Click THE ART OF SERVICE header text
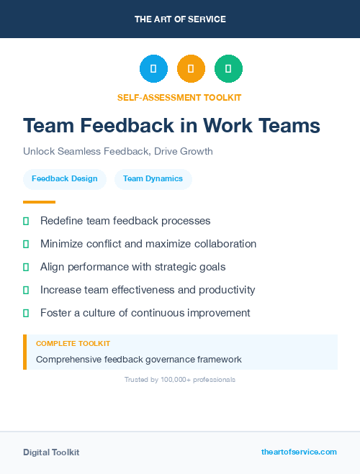180,19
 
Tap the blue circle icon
153,68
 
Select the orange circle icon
191,68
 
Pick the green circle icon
228,68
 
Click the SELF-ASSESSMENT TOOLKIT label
179,97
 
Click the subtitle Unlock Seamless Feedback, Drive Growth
118,152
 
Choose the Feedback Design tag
65,179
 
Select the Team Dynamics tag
153,179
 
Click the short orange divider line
39,202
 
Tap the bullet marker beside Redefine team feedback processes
26,221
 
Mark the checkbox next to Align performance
26,267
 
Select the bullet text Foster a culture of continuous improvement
145,313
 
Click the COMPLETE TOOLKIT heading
73,344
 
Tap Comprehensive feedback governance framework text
139,359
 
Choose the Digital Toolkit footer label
51,452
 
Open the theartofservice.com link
299,452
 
